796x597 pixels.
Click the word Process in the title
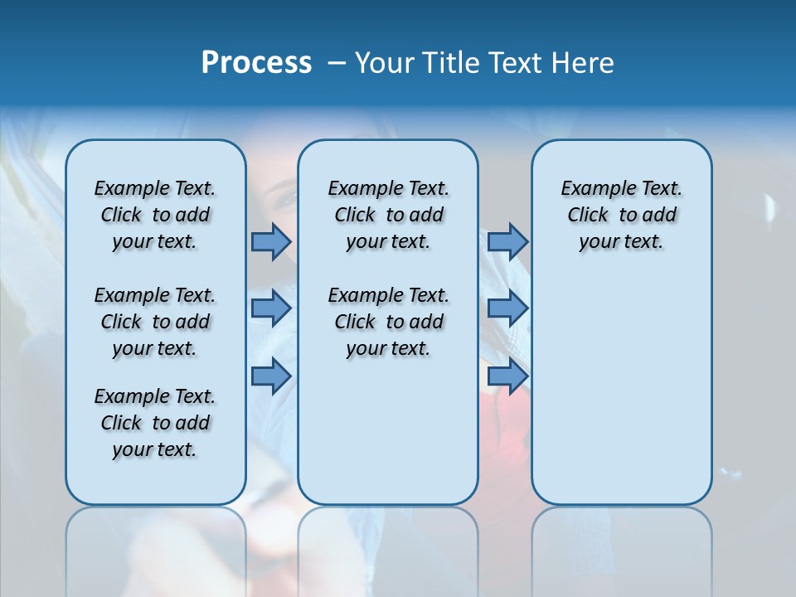click(x=256, y=62)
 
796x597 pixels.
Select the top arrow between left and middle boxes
click(x=270, y=241)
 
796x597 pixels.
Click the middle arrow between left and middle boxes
click(x=270, y=308)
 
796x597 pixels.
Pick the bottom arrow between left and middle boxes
click(x=270, y=376)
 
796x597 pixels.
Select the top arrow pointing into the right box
click(x=507, y=241)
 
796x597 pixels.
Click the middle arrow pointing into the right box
click(x=507, y=308)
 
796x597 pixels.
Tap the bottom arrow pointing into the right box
click(x=507, y=376)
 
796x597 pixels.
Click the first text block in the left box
click(x=155, y=215)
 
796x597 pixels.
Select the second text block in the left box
click(x=155, y=322)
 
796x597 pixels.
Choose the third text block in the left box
click(x=155, y=423)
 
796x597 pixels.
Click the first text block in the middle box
click(x=388, y=215)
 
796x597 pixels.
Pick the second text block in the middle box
click(x=388, y=322)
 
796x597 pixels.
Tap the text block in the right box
click(x=622, y=215)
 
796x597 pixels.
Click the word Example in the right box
click(x=592, y=188)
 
